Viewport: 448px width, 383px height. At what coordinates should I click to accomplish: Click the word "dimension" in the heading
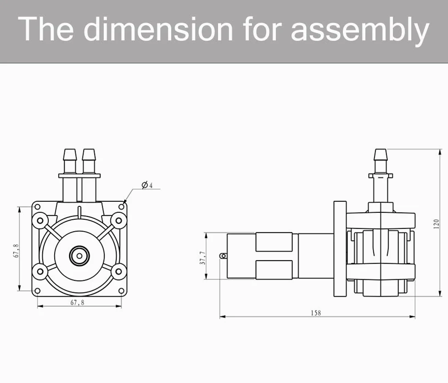(x=158, y=29)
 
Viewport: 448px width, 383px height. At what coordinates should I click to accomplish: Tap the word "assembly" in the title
(x=360, y=31)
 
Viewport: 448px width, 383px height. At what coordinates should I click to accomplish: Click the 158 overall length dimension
(x=316, y=313)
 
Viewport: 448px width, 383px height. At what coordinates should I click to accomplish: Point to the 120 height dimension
(x=436, y=224)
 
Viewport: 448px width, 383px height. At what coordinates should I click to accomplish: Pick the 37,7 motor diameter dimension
(x=202, y=258)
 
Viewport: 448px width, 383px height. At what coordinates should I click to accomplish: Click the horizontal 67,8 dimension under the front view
(x=77, y=302)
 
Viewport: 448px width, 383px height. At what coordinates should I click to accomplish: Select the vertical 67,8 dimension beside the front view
(x=17, y=250)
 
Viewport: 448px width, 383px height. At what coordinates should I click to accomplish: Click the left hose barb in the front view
(x=70, y=161)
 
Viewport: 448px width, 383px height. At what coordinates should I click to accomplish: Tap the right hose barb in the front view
(x=89, y=161)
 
